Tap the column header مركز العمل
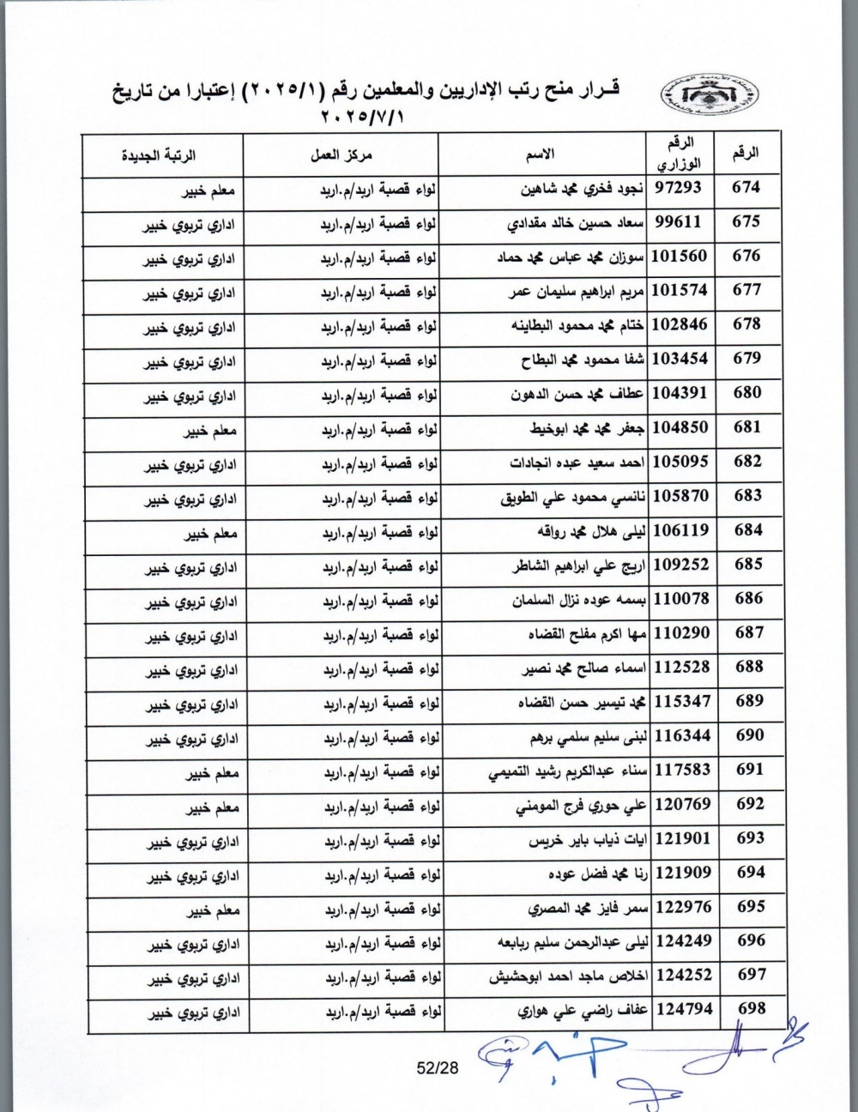(341, 155)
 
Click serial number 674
(747, 187)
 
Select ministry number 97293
(679, 188)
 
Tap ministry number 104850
(681, 426)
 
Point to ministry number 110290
(681, 632)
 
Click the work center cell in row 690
(382, 739)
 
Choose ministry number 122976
(683, 907)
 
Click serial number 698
(751, 1009)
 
